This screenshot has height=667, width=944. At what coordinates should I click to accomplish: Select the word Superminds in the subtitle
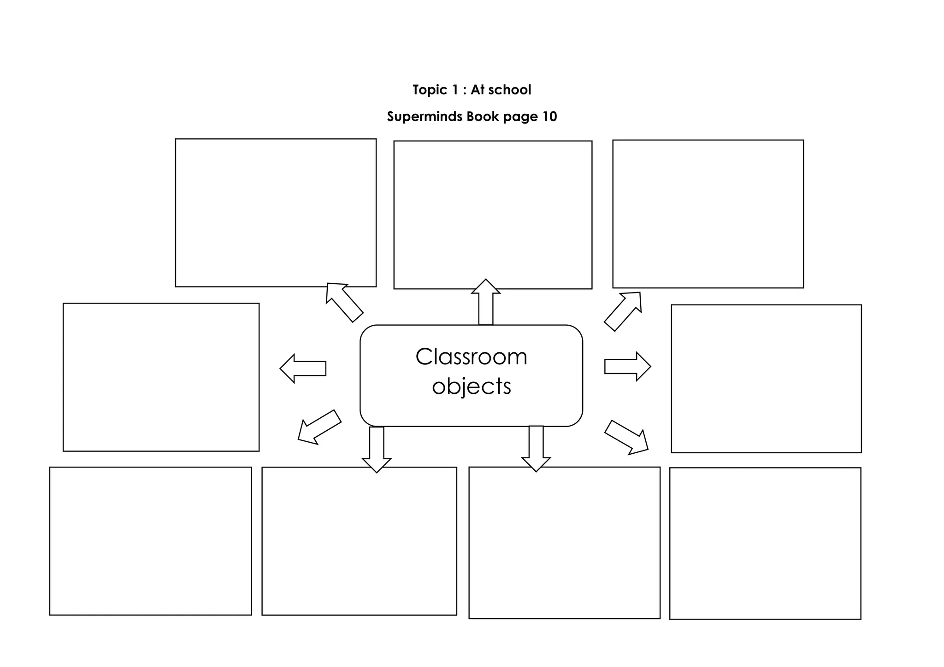tap(425, 117)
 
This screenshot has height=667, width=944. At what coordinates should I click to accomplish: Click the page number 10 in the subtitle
tap(549, 117)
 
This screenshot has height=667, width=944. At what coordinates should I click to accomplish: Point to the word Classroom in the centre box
tap(471, 357)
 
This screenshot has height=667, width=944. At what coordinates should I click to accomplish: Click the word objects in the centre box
tap(472, 386)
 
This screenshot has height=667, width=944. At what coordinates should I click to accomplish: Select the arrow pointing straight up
tap(486, 302)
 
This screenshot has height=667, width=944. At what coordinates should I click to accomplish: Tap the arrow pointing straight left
tap(303, 369)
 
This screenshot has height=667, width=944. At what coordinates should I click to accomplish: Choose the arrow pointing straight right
tap(628, 367)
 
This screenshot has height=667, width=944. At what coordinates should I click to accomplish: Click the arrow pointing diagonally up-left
tap(344, 302)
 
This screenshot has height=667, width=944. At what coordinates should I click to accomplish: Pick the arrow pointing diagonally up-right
tap(623, 311)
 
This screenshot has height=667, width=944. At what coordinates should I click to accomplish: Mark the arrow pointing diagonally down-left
tap(319, 427)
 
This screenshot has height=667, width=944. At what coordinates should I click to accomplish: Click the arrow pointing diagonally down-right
tap(626, 437)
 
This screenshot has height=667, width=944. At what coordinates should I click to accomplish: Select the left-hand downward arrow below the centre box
tap(377, 450)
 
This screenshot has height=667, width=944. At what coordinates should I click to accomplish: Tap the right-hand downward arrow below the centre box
tap(536, 449)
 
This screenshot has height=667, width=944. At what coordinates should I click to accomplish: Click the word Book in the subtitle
tap(483, 117)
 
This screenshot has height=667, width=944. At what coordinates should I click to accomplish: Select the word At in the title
tap(477, 90)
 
